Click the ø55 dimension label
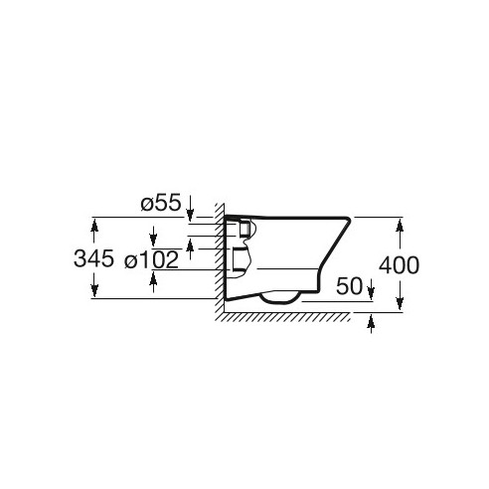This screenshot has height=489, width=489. point(161,203)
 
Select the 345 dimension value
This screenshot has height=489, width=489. point(93,258)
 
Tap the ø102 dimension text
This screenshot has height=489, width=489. point(151,259)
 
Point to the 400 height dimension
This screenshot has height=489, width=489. point(399,265)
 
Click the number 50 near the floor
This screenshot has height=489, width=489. point(349,286)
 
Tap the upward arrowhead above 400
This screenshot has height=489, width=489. point(400,229)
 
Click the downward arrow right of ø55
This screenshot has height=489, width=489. point(190,208)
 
